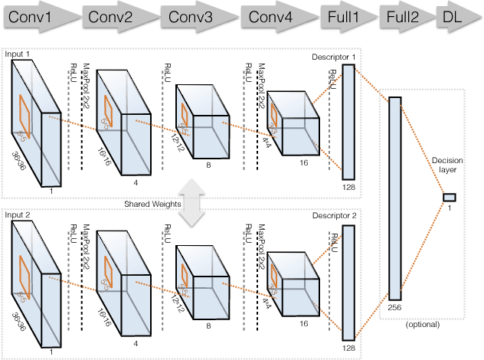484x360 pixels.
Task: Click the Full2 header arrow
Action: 401,17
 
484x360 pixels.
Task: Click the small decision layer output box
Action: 449,197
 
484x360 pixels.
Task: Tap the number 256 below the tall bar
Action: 395,307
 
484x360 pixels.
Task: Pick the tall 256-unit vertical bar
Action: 395,199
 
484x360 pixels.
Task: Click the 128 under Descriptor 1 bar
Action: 348,187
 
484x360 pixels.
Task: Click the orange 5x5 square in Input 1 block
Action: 25,117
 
